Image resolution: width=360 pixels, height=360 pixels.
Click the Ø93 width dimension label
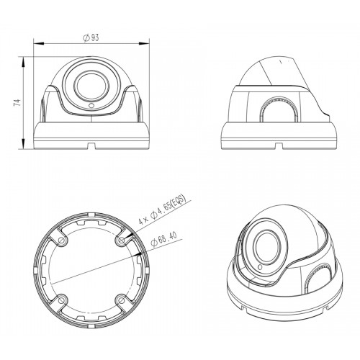click(91, 37)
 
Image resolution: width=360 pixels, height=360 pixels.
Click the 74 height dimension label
click(17, 103)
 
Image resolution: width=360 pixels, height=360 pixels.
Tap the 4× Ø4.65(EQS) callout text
click(163, 210)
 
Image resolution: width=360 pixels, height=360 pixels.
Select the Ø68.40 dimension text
click(164, 239)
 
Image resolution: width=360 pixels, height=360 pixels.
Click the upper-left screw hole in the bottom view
click(62, 240)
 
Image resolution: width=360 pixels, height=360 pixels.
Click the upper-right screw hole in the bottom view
click(122, 240)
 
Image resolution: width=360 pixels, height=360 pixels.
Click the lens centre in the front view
click(92, 86)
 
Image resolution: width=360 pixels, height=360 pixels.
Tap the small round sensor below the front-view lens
click(91, 105)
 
